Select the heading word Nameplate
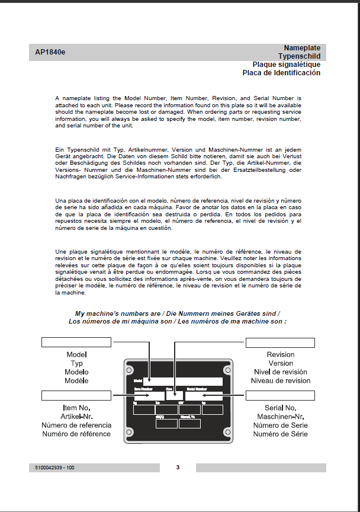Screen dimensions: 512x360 click(x=302, y=47)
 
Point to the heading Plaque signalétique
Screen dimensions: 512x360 click(x=287, y=64)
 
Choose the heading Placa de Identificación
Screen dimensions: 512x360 click(x=281, y=73)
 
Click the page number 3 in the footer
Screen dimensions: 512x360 click(x=178, y=468)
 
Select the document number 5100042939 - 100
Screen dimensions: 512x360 click(x=55, y=468)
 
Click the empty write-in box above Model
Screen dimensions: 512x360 click(x=76, y=342)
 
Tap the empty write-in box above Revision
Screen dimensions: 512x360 click(x=280, y=343)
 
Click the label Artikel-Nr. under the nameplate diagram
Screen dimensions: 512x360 click(x=76, y=417)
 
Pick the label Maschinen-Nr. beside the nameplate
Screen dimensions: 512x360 click(x=280, y=417)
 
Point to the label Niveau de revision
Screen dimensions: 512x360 click(x=280, y=380)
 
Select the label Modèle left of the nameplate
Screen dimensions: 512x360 click(x=76, y=380)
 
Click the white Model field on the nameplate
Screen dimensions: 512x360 click(x=183, y=381)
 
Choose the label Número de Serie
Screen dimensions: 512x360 click(x=280, y=425)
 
